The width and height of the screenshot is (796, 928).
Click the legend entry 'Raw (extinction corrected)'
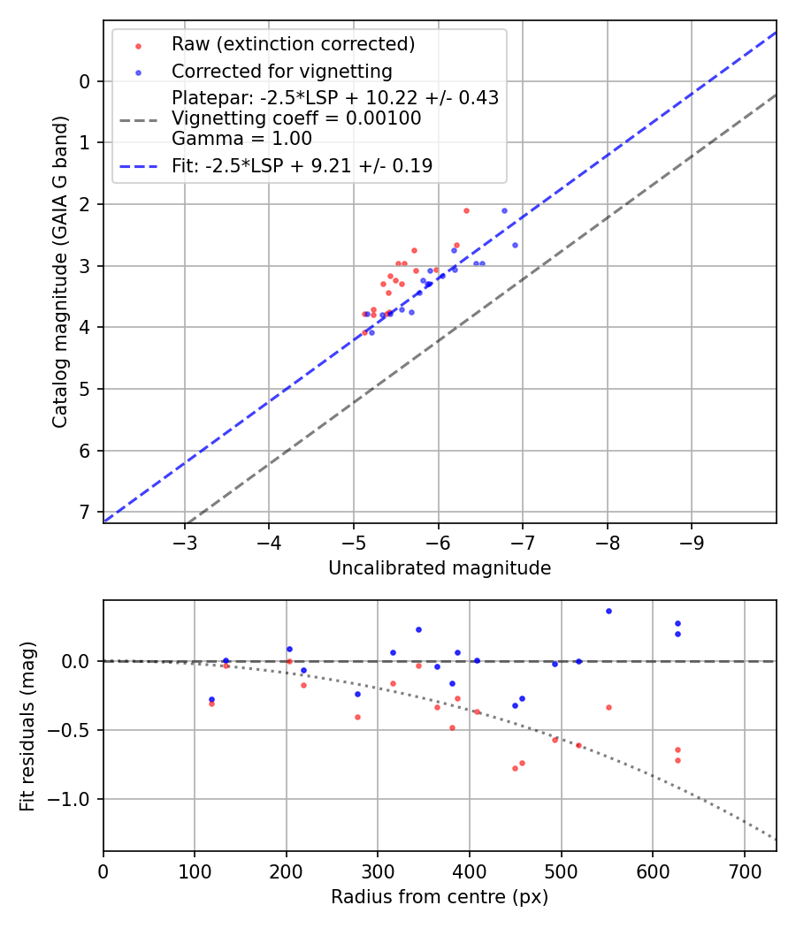[x=293, y=44]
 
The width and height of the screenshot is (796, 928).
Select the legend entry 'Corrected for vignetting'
[x=281, y=71]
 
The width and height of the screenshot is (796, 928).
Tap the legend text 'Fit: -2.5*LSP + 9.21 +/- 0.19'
[x=302, y=165]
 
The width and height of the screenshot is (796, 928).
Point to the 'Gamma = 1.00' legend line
[x=241, y=138]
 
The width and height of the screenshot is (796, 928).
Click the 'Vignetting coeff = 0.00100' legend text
[x=296, y=118]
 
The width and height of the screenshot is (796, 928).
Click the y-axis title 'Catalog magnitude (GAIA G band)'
[x=59, y=270]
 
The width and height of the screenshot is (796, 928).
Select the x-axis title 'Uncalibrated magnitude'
[x=440, y=568]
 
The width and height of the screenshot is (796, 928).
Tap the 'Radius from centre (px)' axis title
[x=440, y=897]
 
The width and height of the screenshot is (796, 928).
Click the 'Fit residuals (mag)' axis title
[x=27, y=726]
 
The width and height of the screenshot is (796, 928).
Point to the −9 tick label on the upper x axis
[x=692, y=541]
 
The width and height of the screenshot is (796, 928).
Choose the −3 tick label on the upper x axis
[x=185, y=541]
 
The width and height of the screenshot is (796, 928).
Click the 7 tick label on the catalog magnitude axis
[x=85, y=513]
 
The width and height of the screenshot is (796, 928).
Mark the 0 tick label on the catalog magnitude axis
[x=85, y=81]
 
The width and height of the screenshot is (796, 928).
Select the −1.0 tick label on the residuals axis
[x=73, y=799]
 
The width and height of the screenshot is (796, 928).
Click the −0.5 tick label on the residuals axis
[x=73, y=730]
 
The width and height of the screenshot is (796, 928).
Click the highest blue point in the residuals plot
[x=608, y=611]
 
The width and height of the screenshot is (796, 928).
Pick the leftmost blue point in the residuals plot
[x=211, y=699]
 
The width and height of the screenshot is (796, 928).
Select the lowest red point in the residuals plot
[x=515, y=768]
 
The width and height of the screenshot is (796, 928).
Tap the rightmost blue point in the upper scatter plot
[x=515, y=245]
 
